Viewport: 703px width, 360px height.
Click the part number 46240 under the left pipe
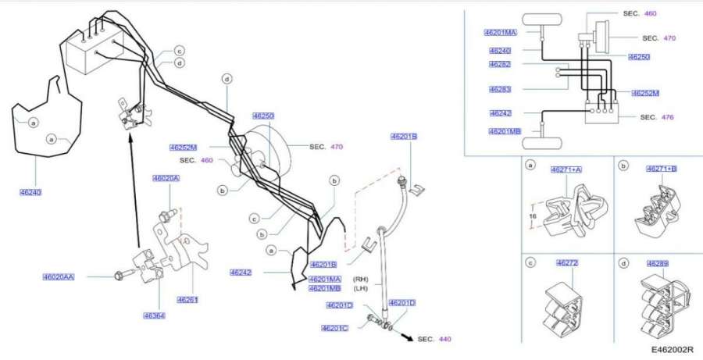(31, 192)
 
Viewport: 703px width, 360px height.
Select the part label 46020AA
(59, 277)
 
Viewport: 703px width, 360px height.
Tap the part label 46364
(153, 316)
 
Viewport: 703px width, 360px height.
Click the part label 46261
(187, 299)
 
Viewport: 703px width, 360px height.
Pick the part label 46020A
(166, 178)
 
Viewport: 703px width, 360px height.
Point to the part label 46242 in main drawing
(241, 273)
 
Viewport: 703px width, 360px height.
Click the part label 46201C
(336, 328)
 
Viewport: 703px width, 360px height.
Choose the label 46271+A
(567, 169)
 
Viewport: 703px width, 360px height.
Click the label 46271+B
(661, 169)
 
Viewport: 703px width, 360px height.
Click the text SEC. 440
(434, 339)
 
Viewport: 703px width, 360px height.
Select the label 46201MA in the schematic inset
(501, 32)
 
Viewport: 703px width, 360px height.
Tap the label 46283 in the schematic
(500, 89)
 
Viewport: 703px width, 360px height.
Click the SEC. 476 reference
(656, 117)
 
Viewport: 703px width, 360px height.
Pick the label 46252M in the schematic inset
(645, 93)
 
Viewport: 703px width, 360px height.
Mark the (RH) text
(360, 279)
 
